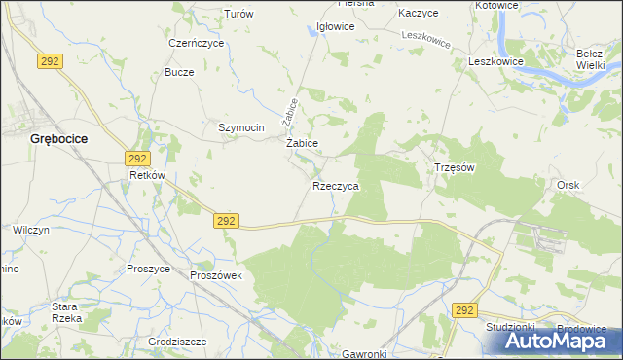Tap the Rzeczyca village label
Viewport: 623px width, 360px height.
click(x=336, y=185)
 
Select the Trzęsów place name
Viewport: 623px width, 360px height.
click(x=453, y=167)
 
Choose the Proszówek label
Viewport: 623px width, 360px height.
click(x=222, y=275)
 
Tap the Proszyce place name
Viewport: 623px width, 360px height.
click(x=149, y=268)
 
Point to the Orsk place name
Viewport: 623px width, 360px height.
click(x=568, y=184)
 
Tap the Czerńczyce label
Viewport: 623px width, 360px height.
click(x=196, y=44)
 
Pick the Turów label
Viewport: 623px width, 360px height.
click(x=238, y=14)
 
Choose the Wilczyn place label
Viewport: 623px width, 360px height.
click(x=31, y=230)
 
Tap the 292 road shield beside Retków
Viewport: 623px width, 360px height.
click(x=136, y=158)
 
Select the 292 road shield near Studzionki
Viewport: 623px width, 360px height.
click(x=464, y=309)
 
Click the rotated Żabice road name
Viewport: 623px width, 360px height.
click(x=289, y=111)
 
